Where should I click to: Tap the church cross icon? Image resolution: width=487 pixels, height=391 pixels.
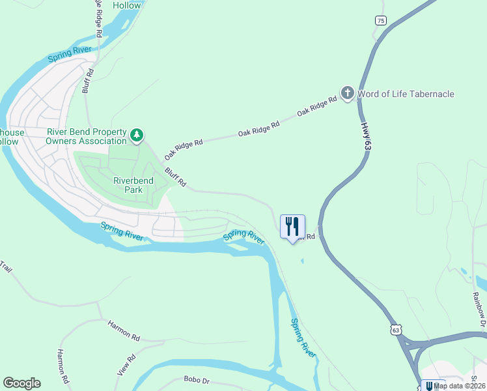click(348, 93)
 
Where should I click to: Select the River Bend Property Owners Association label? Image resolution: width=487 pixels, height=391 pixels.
click(86, 136)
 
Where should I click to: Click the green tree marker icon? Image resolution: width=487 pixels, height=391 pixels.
click(137, 136)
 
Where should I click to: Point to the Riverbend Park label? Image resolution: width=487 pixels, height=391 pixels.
click(133, 185)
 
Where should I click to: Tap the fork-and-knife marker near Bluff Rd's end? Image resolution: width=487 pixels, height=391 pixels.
click(292, 226)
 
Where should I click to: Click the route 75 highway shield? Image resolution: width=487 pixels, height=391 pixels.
click(380, 21)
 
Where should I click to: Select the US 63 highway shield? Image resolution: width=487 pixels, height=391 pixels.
click(396, 330)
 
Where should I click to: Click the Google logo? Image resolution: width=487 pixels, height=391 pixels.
click(21, 383)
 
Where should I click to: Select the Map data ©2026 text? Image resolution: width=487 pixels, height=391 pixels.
click(460, 385)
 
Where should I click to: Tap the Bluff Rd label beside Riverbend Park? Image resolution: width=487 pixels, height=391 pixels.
click(176, 177)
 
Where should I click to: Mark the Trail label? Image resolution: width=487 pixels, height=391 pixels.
click(7, 267)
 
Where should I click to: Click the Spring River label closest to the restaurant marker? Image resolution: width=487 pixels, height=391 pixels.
click(245, 237)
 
